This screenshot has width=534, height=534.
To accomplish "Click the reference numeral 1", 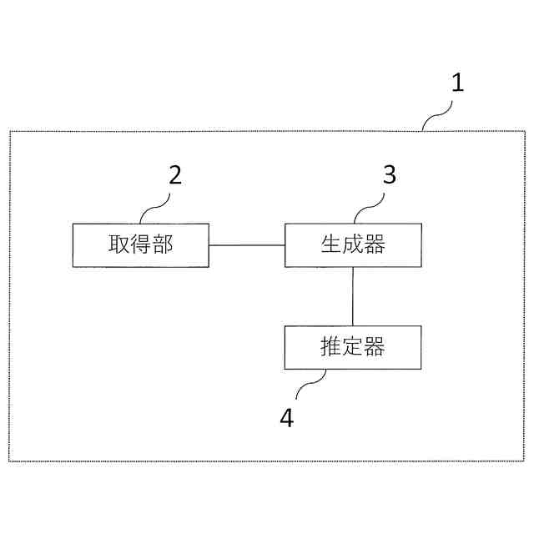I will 456,83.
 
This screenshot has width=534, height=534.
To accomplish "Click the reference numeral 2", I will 175,175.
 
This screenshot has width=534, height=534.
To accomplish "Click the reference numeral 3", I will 389,175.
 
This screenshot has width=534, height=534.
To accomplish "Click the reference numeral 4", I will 286,417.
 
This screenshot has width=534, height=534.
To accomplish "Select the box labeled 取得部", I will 140,245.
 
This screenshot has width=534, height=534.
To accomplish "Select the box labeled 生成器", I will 353,245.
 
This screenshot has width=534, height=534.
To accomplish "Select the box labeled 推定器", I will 353,347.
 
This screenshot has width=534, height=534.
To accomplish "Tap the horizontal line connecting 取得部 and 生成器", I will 247,245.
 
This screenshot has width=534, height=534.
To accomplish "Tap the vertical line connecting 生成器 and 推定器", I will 353,296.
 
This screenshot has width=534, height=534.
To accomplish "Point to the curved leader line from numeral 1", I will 436,117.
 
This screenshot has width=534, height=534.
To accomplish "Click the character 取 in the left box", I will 118,244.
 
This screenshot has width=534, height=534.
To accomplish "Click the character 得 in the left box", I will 140,244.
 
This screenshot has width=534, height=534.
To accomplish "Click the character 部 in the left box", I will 162,244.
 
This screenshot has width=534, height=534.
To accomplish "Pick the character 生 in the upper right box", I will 331,244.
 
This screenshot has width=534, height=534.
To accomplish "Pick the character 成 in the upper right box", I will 353,244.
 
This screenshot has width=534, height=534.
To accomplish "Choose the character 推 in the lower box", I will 331,347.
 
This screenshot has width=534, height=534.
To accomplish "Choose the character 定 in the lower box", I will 353,347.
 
